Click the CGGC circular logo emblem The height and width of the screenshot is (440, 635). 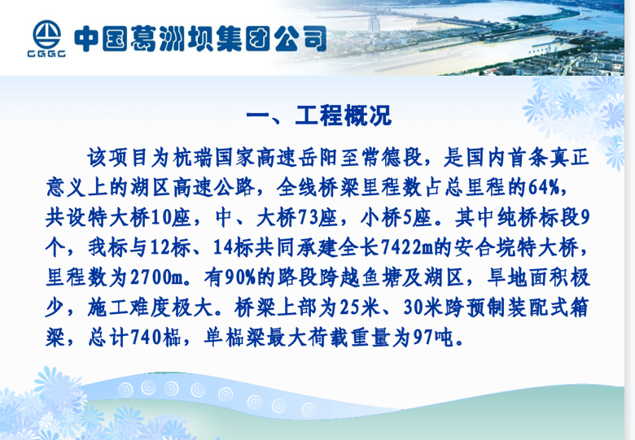(46, 35)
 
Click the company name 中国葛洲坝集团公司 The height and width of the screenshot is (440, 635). (200, 39)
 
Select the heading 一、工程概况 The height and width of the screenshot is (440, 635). (318, 115)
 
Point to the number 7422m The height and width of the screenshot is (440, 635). (407, 247)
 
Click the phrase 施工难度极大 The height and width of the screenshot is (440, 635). (151, 307)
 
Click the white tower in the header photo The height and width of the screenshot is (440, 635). (374, 24)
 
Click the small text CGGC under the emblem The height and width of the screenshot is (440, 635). (46, 54)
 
